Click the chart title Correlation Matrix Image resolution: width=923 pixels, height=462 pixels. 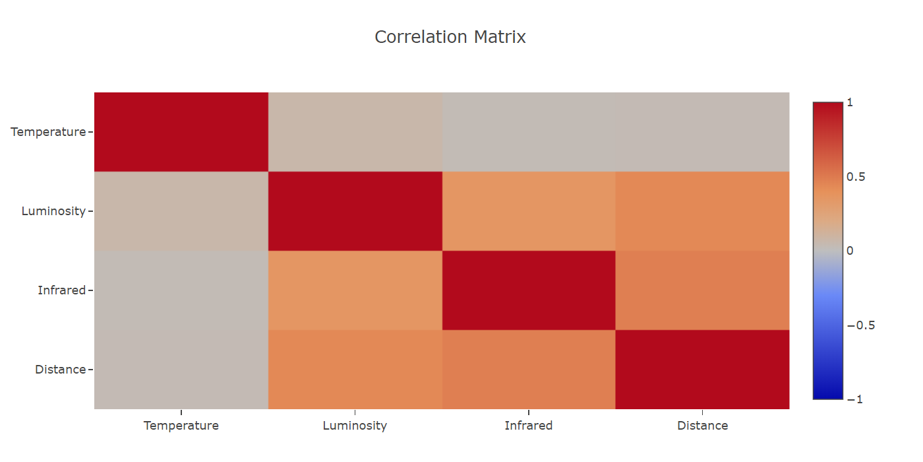click(450, 37)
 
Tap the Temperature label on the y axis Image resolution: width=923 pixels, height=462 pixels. click(48, 132)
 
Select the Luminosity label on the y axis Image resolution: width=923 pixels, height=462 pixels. click(53, 211)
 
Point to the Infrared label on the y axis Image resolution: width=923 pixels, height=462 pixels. click(62, 290)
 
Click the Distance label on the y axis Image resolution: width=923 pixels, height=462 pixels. click(61, 370)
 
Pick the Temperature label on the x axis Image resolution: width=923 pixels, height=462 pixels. click(181, 426)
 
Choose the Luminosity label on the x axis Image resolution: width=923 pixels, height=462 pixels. click(355, 426)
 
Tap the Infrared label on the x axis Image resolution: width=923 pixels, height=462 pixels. click(529, 426)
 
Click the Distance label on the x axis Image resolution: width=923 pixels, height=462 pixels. click(703, 426)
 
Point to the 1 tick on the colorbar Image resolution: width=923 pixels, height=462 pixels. click(850, 102)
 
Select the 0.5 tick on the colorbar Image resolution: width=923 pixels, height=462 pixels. click(856, 177)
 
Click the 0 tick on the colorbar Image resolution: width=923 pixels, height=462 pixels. click(850, 251)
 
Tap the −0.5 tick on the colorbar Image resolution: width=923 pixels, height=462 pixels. click(861, 325)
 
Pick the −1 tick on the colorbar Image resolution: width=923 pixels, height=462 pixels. click(854, 399)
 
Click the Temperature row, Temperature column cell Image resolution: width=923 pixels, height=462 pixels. click(181, 132)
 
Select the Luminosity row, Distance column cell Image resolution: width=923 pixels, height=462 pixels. click(703, 211)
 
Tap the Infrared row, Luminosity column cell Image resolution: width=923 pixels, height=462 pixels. click(355, 290)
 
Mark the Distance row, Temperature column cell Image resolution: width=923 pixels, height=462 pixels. click(181, 370)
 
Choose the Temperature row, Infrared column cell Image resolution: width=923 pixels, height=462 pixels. click(529, 132)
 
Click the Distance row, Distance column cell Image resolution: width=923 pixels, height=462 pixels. click(703, 370)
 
